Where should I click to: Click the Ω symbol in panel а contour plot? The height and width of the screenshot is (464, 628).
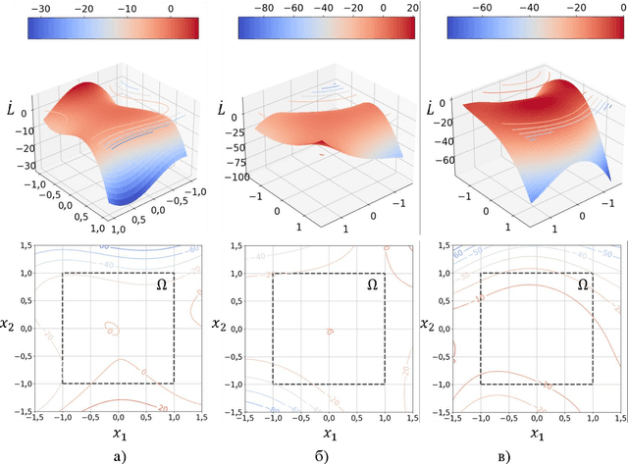click(162, 285)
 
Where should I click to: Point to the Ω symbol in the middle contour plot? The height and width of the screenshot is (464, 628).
click(372, 285)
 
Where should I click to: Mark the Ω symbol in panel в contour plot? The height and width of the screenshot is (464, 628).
click(582, 285)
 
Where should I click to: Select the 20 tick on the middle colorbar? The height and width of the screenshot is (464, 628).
click(411, 9)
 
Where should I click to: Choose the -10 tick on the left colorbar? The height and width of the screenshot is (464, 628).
click(130, 9)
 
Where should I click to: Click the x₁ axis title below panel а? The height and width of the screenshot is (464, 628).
click(118, 433)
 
